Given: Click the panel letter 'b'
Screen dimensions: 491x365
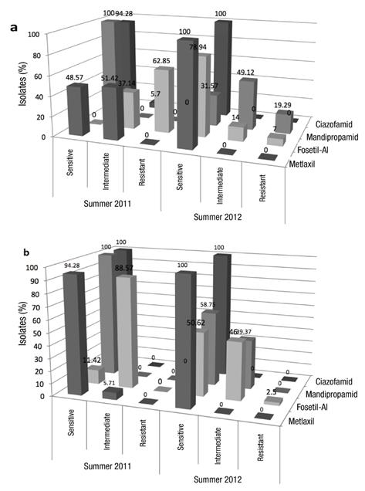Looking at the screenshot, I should pos(13,252).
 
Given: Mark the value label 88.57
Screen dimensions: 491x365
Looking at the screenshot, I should pos(125,269).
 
